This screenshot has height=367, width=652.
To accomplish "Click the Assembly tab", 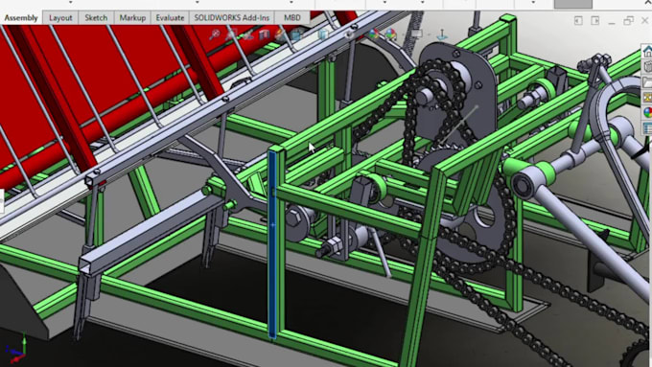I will click(21, 17).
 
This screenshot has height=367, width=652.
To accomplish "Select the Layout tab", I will click(60, 17).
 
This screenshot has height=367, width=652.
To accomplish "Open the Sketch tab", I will click(96, 17).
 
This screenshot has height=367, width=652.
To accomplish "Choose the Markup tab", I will click(132, 17).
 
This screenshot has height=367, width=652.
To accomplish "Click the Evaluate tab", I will click(169, 17).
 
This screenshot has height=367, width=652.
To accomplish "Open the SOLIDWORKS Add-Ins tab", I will click(232, 17).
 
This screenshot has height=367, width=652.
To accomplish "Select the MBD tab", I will click(291, 17).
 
